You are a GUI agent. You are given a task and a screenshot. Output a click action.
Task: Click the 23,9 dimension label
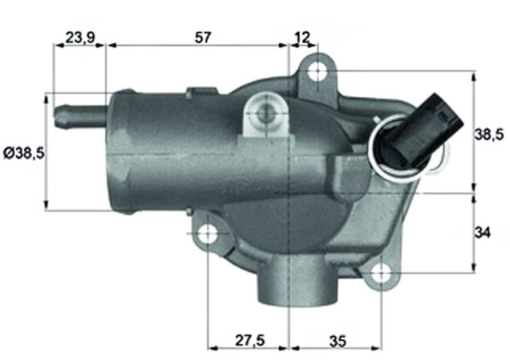click(80, 37)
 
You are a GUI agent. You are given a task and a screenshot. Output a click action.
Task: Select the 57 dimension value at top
click(203, 37)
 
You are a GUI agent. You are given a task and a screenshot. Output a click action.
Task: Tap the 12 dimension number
click(302, 37)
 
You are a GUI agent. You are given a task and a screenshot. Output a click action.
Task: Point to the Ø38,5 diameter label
click(24, 153)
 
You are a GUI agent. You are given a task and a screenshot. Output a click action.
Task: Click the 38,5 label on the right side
click(488, 135)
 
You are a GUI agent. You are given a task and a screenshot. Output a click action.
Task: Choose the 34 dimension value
click(482, 233)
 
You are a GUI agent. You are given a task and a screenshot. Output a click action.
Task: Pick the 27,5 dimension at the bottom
click(249, 341)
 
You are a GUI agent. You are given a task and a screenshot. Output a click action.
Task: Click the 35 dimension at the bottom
click(338, 341)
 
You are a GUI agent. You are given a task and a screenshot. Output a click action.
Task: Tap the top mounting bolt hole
click(317, 71)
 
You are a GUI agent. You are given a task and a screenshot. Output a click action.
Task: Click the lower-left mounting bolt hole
click(207, 233)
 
